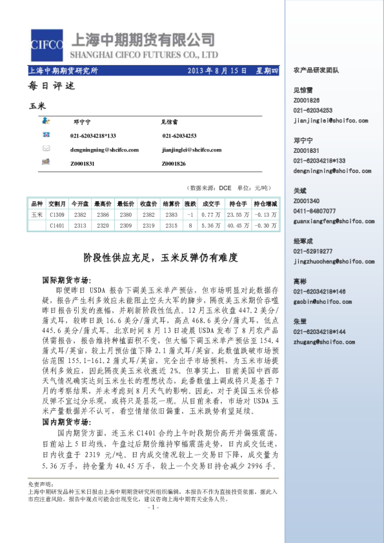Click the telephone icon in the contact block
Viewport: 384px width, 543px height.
coord(46,135)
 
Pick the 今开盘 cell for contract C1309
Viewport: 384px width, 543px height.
coord(80,215)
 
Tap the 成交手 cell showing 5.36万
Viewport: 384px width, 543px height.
coord(207,226)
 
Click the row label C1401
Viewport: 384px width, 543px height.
coord(57,226)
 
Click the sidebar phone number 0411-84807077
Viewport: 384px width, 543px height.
coord(314,211)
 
